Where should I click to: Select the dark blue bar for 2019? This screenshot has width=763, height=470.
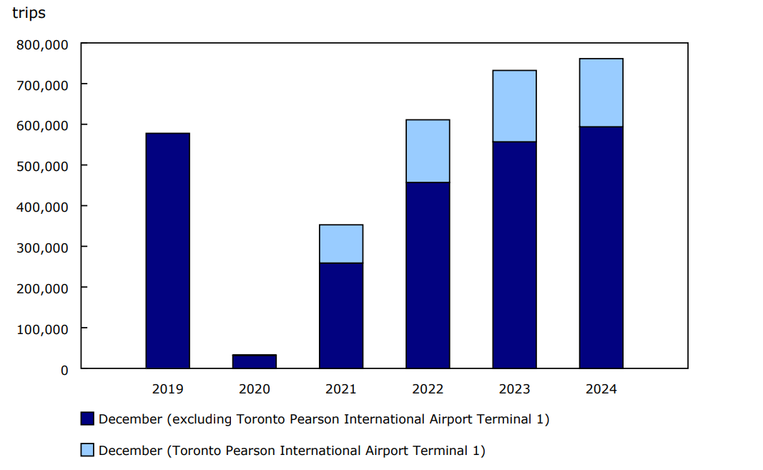(167, 250)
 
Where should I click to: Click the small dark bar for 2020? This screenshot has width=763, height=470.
(254, 361)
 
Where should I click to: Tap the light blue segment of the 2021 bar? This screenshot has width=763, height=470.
(341, 244)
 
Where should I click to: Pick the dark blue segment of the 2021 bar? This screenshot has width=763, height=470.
(341, 315)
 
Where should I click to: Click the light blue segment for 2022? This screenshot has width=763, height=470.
(428, 151)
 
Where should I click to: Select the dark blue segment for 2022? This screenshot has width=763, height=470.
(428, 275)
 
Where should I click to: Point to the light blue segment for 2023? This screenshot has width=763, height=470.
(514, 106)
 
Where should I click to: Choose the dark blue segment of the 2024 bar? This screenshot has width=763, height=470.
(601, 248)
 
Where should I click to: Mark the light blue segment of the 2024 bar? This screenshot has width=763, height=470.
(601, 92)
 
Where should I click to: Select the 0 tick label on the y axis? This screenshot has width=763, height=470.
(64, 370)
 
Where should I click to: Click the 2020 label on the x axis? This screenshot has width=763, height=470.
(254, 389)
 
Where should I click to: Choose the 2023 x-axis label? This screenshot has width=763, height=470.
(514, 389)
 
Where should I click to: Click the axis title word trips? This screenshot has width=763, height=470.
(29, 14)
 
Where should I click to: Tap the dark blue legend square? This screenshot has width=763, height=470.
(87, 419)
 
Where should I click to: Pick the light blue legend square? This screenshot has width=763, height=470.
(87, 451)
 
